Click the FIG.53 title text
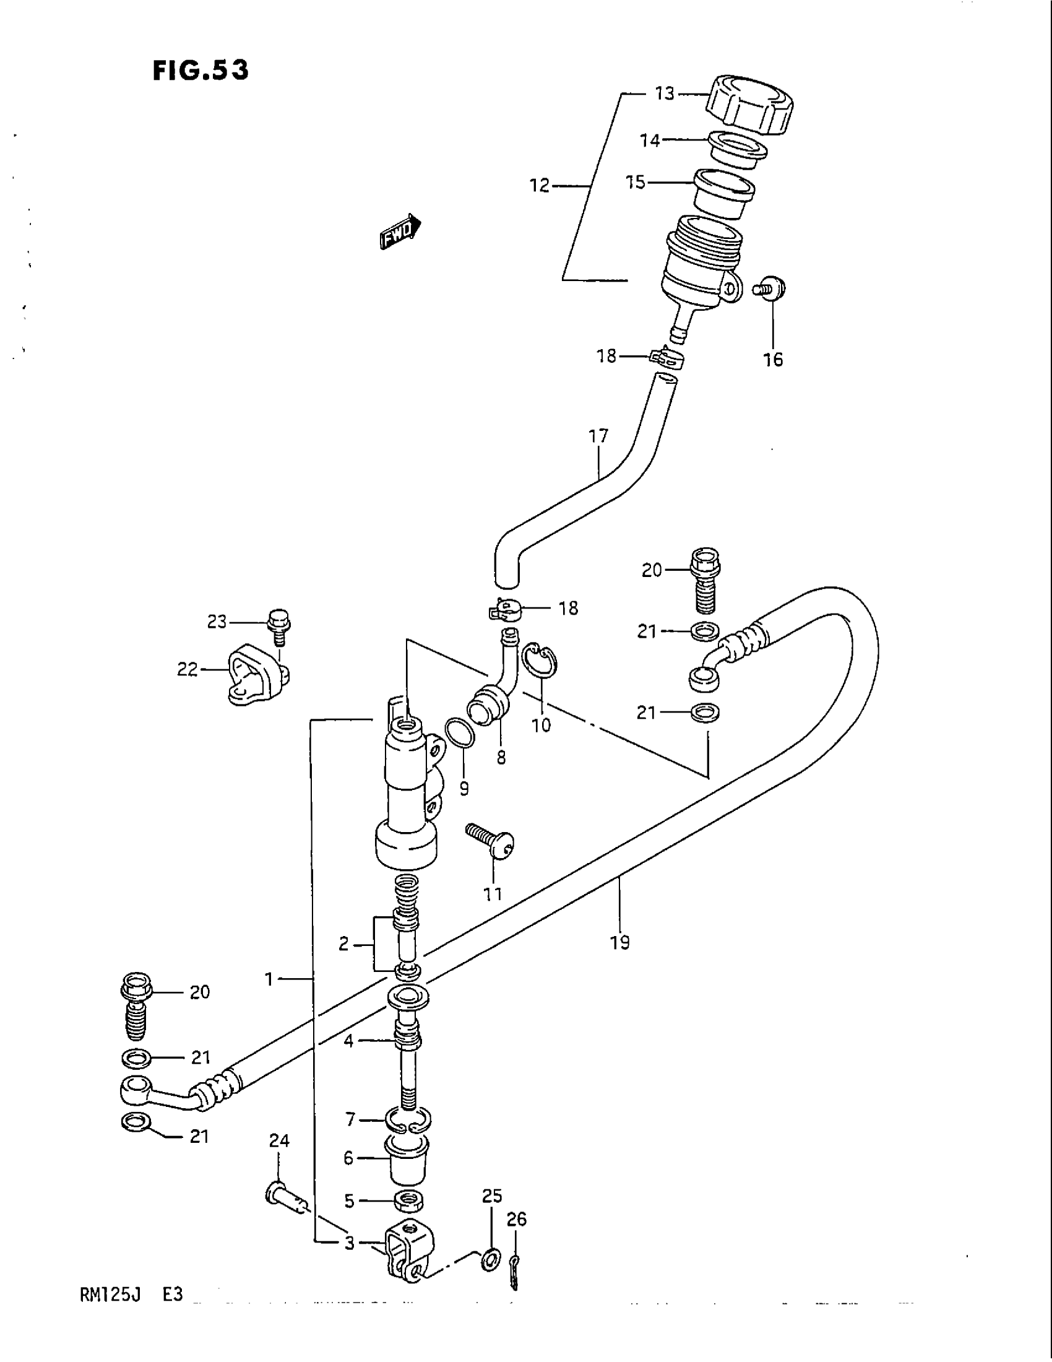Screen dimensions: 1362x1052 pos(200,71)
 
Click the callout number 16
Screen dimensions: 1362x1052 pos(773,360)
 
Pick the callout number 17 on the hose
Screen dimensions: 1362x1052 pos(598,436)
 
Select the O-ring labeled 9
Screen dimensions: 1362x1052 pos(460,733)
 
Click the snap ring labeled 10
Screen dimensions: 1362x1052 pos(539,668)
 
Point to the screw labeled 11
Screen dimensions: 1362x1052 pos(491,839)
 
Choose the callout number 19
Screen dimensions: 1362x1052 pos(620,960)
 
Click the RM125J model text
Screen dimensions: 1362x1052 pos(110,1295)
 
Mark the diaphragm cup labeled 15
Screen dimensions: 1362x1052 pos(724,193)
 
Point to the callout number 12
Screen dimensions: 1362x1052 pos(540,185)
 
